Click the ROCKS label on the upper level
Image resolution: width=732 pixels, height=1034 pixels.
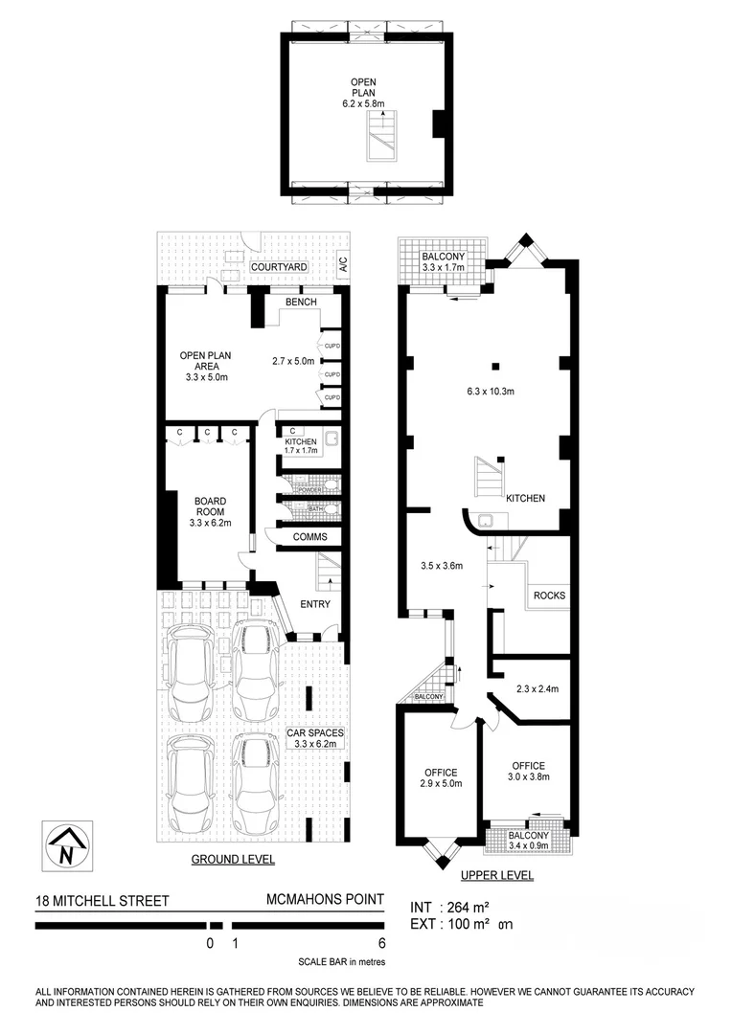point(549,596)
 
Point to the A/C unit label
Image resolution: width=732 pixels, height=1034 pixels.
point(344,267)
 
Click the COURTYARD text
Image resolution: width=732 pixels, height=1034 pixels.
point(279,267)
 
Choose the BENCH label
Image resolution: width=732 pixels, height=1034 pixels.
point(300,302)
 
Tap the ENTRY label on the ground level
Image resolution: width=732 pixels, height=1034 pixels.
point(315,604)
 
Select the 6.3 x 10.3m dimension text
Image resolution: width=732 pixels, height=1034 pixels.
point(491,391)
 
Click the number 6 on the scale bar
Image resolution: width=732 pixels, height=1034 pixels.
point(381,942)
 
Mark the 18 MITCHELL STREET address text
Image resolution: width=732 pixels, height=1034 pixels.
point(102,900)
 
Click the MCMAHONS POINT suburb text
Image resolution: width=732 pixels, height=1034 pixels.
point(325,900)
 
